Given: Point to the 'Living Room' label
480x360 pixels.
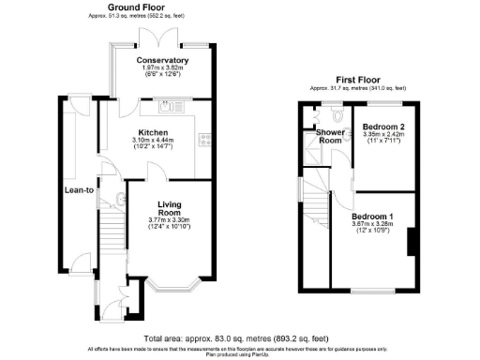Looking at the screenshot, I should coord(169,208).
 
